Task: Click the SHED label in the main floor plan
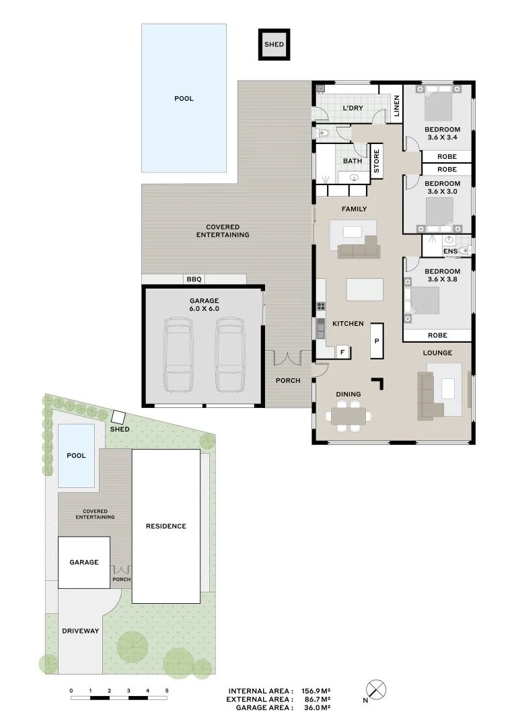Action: (x=274, y=44)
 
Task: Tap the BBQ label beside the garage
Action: (x=194, y=279)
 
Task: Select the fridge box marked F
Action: (x=342, y=352)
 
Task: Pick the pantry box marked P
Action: (x=377, y=341)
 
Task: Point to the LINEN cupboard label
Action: (x=397, y=106)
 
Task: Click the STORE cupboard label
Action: (x=376, y=161)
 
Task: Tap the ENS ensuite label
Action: (x=450, y=251)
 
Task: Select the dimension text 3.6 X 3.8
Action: (x=442, y=279)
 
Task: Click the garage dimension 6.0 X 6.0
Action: (x=204, y=308)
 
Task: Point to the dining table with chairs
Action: (x=348, y=416)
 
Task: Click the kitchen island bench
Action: (x=365, y=289)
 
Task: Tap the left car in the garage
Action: (x=178, y=355)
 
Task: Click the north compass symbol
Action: (x=376, y=689)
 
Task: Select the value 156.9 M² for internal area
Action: (x=316, y=691)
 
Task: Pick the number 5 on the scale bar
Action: (x=167, y=691)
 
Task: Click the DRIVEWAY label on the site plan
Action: (x=81, y=631)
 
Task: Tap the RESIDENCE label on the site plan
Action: (x=166, y=526)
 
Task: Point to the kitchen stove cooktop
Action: (x=321, y=306)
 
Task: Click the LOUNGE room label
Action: (x=437, y=353)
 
